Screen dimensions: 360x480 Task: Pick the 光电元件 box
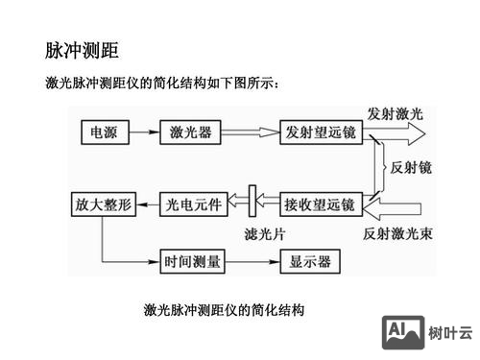193,204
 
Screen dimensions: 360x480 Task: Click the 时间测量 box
193,260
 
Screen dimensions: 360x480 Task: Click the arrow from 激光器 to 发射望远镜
252,132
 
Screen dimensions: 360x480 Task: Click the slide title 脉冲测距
82,49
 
